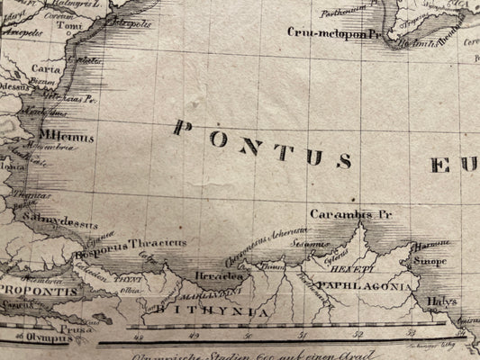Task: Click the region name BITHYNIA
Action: coord(212,310)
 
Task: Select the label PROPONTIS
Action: coord(35,291)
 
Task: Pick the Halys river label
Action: coord(446,301)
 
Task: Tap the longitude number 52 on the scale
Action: coord(358,336)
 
